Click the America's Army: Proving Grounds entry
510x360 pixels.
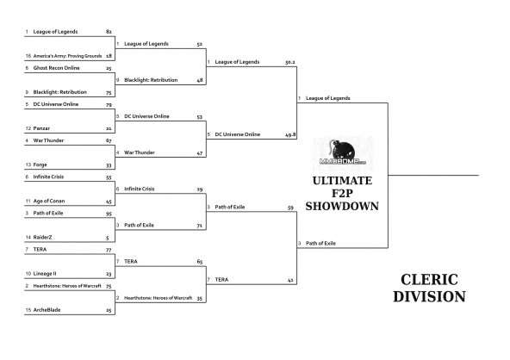pos(67,56)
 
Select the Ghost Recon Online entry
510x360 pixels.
pos(56,68)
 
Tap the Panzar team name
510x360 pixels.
pos(41,128)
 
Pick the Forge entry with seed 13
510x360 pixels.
pos(40,164)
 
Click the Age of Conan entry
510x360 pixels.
pos(49,201)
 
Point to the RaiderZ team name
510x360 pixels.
pos(42,238)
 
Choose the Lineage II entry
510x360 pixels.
pos(45,274)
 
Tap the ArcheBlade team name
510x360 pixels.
pos(47,310)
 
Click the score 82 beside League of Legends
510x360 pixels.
pos(109,32)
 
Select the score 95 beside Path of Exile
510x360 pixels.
pos(109,214)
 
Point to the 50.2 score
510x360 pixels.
pos(289,62)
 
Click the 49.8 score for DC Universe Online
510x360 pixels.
pos(290,134)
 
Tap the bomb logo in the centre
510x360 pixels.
pos(343,152)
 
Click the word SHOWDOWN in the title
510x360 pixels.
pos(342,206)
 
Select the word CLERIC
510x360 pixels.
pos(429,280)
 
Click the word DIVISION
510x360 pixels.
pos(429,296)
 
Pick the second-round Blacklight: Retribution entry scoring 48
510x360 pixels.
pos(151,80)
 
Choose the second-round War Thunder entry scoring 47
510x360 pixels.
pos(140,152)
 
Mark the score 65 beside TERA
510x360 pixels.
pos(200,262)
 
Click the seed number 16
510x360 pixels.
pos(28,56)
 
